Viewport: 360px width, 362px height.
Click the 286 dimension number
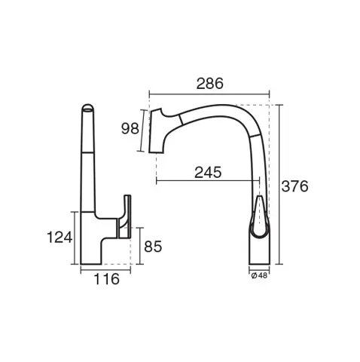[209, 84]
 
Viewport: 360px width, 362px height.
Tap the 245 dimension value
[208, 173]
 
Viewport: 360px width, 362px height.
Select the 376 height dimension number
[294, 186]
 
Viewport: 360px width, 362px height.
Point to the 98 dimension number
[130, 128]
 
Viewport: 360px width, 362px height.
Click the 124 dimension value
[59, 238]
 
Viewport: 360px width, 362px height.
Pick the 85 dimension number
[153, 247]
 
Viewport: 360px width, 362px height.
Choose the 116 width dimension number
[106, 279]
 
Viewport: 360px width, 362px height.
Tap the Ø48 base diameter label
[259, 276]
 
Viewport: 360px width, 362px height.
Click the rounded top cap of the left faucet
[88, 108]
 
